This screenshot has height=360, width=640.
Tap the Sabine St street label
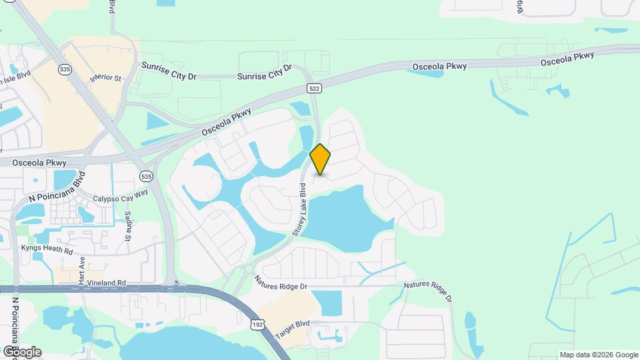[x=127, y=225]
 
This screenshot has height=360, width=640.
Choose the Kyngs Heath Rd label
[x=47, y=249]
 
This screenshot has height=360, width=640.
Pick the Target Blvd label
[x=293, y=329]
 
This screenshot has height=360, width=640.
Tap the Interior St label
[x=109, y=78]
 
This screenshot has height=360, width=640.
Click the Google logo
[x=22, y=351]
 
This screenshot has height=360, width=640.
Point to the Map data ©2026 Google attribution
[x=599, y=355]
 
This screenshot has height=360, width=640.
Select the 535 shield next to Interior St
[x=65, y=69]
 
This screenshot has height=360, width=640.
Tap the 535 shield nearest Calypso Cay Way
[x=146, y=176]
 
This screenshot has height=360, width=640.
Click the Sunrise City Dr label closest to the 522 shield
[x=265, y=73]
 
